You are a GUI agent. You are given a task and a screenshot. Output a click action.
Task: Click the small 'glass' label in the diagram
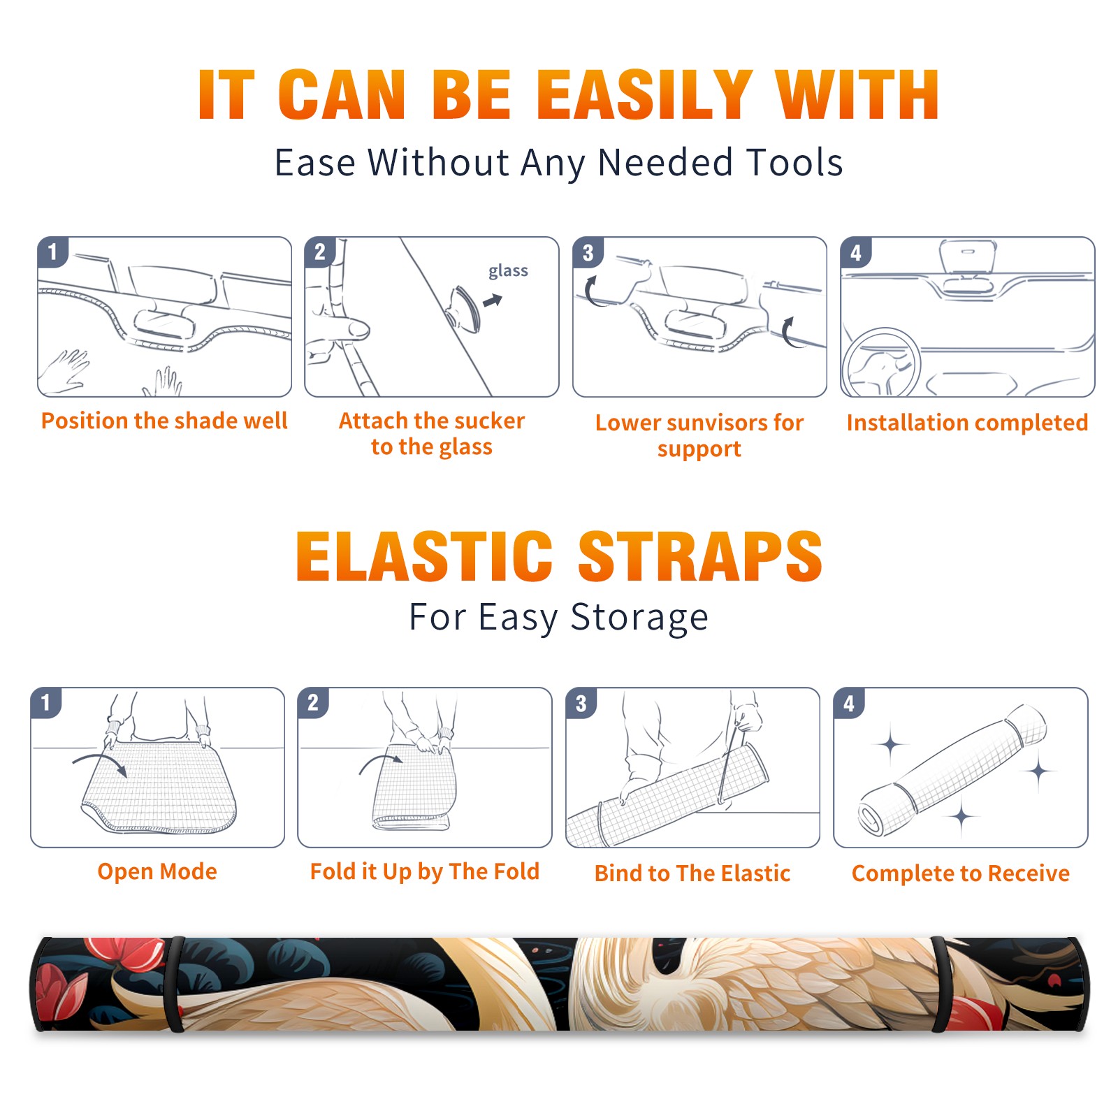[x=508, y=271]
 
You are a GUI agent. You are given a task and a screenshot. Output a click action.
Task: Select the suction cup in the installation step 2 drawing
[x=463, y=308]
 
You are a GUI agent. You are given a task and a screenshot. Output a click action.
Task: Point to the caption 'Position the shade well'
[x=164, y=421]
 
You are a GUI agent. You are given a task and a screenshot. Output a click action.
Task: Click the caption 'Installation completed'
[x=967, y=423]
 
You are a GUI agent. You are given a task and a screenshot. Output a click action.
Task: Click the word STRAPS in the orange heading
[x=700, y=556]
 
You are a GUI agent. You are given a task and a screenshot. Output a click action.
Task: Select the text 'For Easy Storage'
[x=558, y=618]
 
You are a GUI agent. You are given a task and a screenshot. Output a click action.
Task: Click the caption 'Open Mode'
[x=157, y=871]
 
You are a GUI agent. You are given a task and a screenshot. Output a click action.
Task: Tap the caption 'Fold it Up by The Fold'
[x=425, y=871]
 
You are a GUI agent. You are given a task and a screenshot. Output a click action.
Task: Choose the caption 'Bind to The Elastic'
[x=692, y=873]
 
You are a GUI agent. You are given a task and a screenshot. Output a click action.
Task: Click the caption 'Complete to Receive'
[x=961, y=873]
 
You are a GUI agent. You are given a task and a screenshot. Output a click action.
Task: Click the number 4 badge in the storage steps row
[x=849, y=703]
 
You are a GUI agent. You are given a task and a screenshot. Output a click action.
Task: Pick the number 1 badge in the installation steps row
[x=53, y=252]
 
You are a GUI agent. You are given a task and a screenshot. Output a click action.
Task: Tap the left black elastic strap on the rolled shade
[x=175, y=984]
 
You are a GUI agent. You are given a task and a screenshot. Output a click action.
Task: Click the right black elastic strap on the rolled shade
[x=941, y=984]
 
